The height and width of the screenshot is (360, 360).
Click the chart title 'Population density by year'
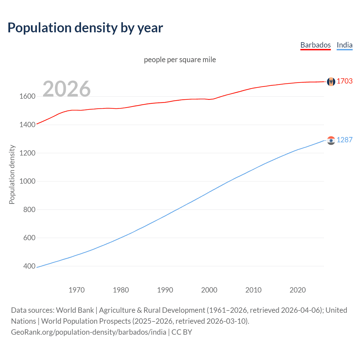[x=85, y=28]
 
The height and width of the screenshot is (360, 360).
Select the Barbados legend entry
[x=315, y=45]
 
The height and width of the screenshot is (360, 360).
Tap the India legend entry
[x=344, y=45]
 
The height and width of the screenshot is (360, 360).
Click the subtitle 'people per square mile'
[x=180, y=60]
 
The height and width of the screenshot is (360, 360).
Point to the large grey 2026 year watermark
[x=67, y=89]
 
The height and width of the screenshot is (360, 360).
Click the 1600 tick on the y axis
[x=27, y=96]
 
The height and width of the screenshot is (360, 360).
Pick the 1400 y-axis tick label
[x=27, y=125]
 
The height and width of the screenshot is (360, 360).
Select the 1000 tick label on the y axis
[x=27, y=181]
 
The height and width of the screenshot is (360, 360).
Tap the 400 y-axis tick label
[x=29, y=266]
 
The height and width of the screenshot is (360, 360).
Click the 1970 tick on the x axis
[x=76, y=290]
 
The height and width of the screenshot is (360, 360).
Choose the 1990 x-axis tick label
[x=165, y=290]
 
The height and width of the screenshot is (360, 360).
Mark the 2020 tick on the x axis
[x=298, y=290]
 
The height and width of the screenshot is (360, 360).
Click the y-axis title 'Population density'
[x=12, y=174]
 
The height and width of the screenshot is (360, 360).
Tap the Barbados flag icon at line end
[x=331, y=82]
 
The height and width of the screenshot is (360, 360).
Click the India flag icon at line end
[x=331, y=140]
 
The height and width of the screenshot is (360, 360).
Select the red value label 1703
[x=345, y=81]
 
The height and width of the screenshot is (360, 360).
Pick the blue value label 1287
[x=345, y=140]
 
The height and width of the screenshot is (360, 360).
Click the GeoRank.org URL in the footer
[x=89, y=332]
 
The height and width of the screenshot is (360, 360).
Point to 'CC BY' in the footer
[x=182, y=332]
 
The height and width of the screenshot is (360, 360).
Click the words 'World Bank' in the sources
[x=75, y=310]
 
